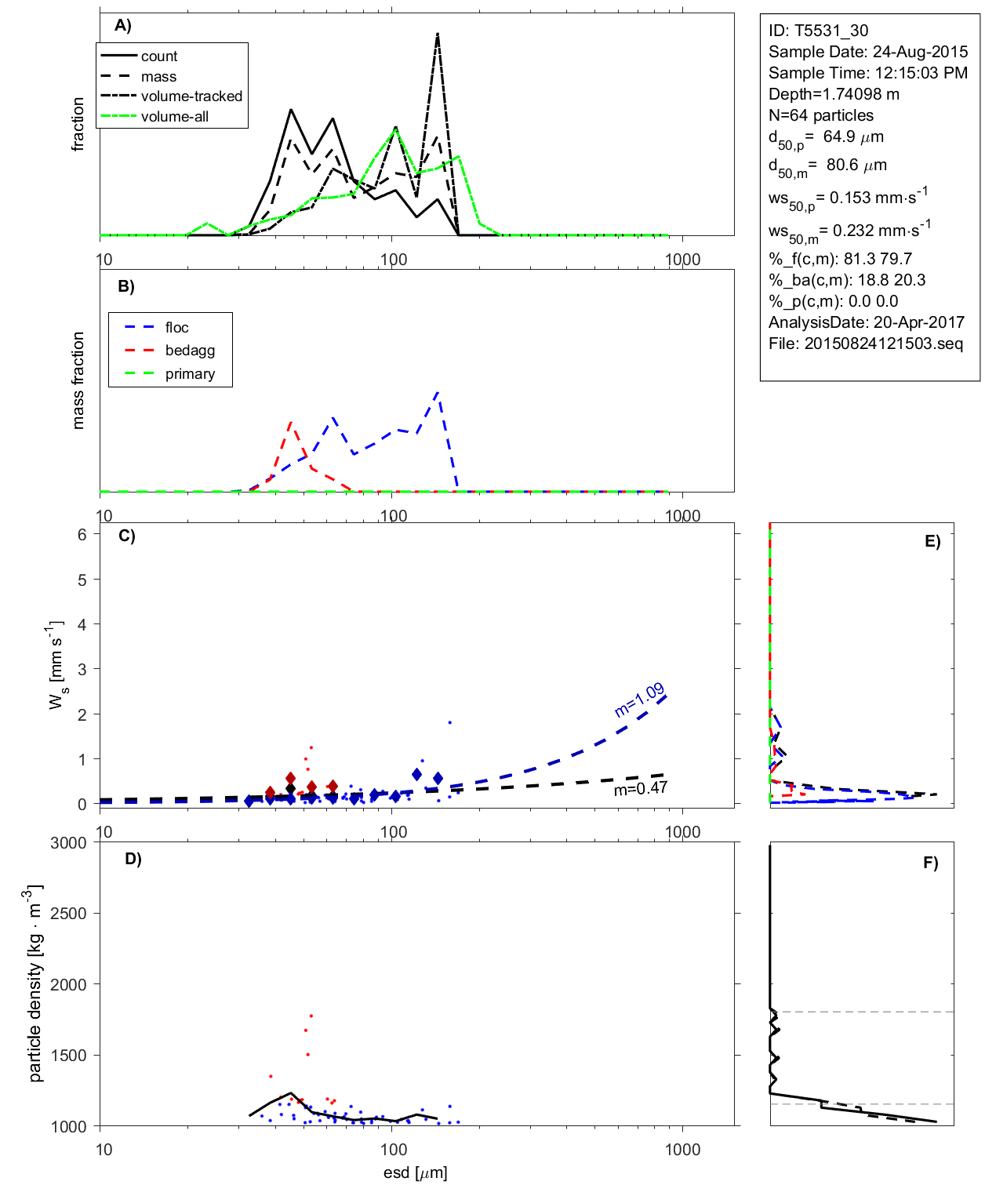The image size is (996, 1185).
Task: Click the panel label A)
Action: pyautogui.click(x=123, y=25)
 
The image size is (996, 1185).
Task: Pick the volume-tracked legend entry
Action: pyautogui.click(x=191, y=96)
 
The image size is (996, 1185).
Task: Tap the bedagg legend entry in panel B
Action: pyautogui.click(x=190, y=351)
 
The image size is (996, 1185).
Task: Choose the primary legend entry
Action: pyautogui.click(x=190, y=374)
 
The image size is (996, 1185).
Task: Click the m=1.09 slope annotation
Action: pyautogui.click(x=639, y=700)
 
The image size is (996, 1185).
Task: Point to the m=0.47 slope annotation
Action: pyautogui.click(x=640, y=788)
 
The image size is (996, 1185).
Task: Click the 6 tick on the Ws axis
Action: pyautogui.click(x=82, y=535)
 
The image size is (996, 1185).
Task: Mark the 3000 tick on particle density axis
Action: pyautogui.click(x=68, y=843)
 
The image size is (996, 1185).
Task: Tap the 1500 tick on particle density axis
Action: pyautogui.click(x=68, y=1056)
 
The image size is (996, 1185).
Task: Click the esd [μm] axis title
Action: pyautogui.click(x=415, y=1172)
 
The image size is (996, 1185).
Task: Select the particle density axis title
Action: pyautogui.click(x=35, y=984)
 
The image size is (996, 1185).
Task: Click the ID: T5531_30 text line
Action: pyautogui.click(x=818, y=31)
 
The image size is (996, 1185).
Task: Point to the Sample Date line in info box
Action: pyautogui.click(x=867, y=52)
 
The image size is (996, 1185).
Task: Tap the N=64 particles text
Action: pyautogui.click(x=820, y=115)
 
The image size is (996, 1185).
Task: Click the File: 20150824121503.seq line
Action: pyautogui.click(x=865, y=344)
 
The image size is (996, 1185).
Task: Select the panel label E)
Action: pyautogui.click(x=932, y=542)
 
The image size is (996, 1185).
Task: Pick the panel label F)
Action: pyautogui.click(x=930, y=863)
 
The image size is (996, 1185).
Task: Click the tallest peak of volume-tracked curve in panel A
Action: pyautogui.click(x=437, y=34)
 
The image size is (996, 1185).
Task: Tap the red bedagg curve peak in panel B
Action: pyautogui.click(x=291, y=422)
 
